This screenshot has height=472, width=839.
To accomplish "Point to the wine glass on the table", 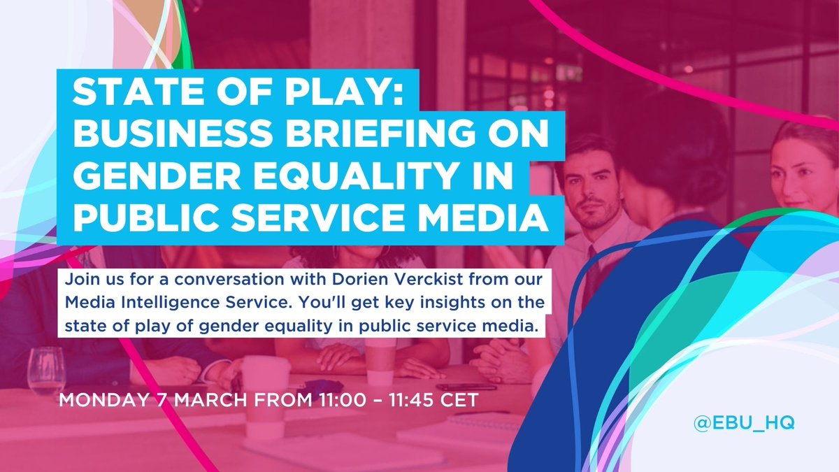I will coord(46,371).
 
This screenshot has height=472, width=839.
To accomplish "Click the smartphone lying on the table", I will coord(466,386).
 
